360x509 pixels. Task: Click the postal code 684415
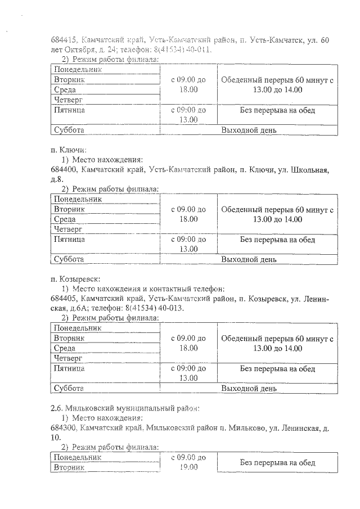62,40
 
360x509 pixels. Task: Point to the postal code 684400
62,169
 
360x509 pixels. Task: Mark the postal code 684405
62,299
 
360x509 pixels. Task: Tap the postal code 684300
62,427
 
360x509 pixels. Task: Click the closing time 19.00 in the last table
188,467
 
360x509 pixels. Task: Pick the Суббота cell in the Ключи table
69,259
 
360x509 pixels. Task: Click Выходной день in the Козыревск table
249,389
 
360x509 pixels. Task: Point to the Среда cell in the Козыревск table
65,348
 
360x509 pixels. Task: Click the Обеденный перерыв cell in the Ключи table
277,214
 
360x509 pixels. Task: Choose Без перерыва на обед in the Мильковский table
277,462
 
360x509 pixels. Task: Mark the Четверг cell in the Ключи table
68,229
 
